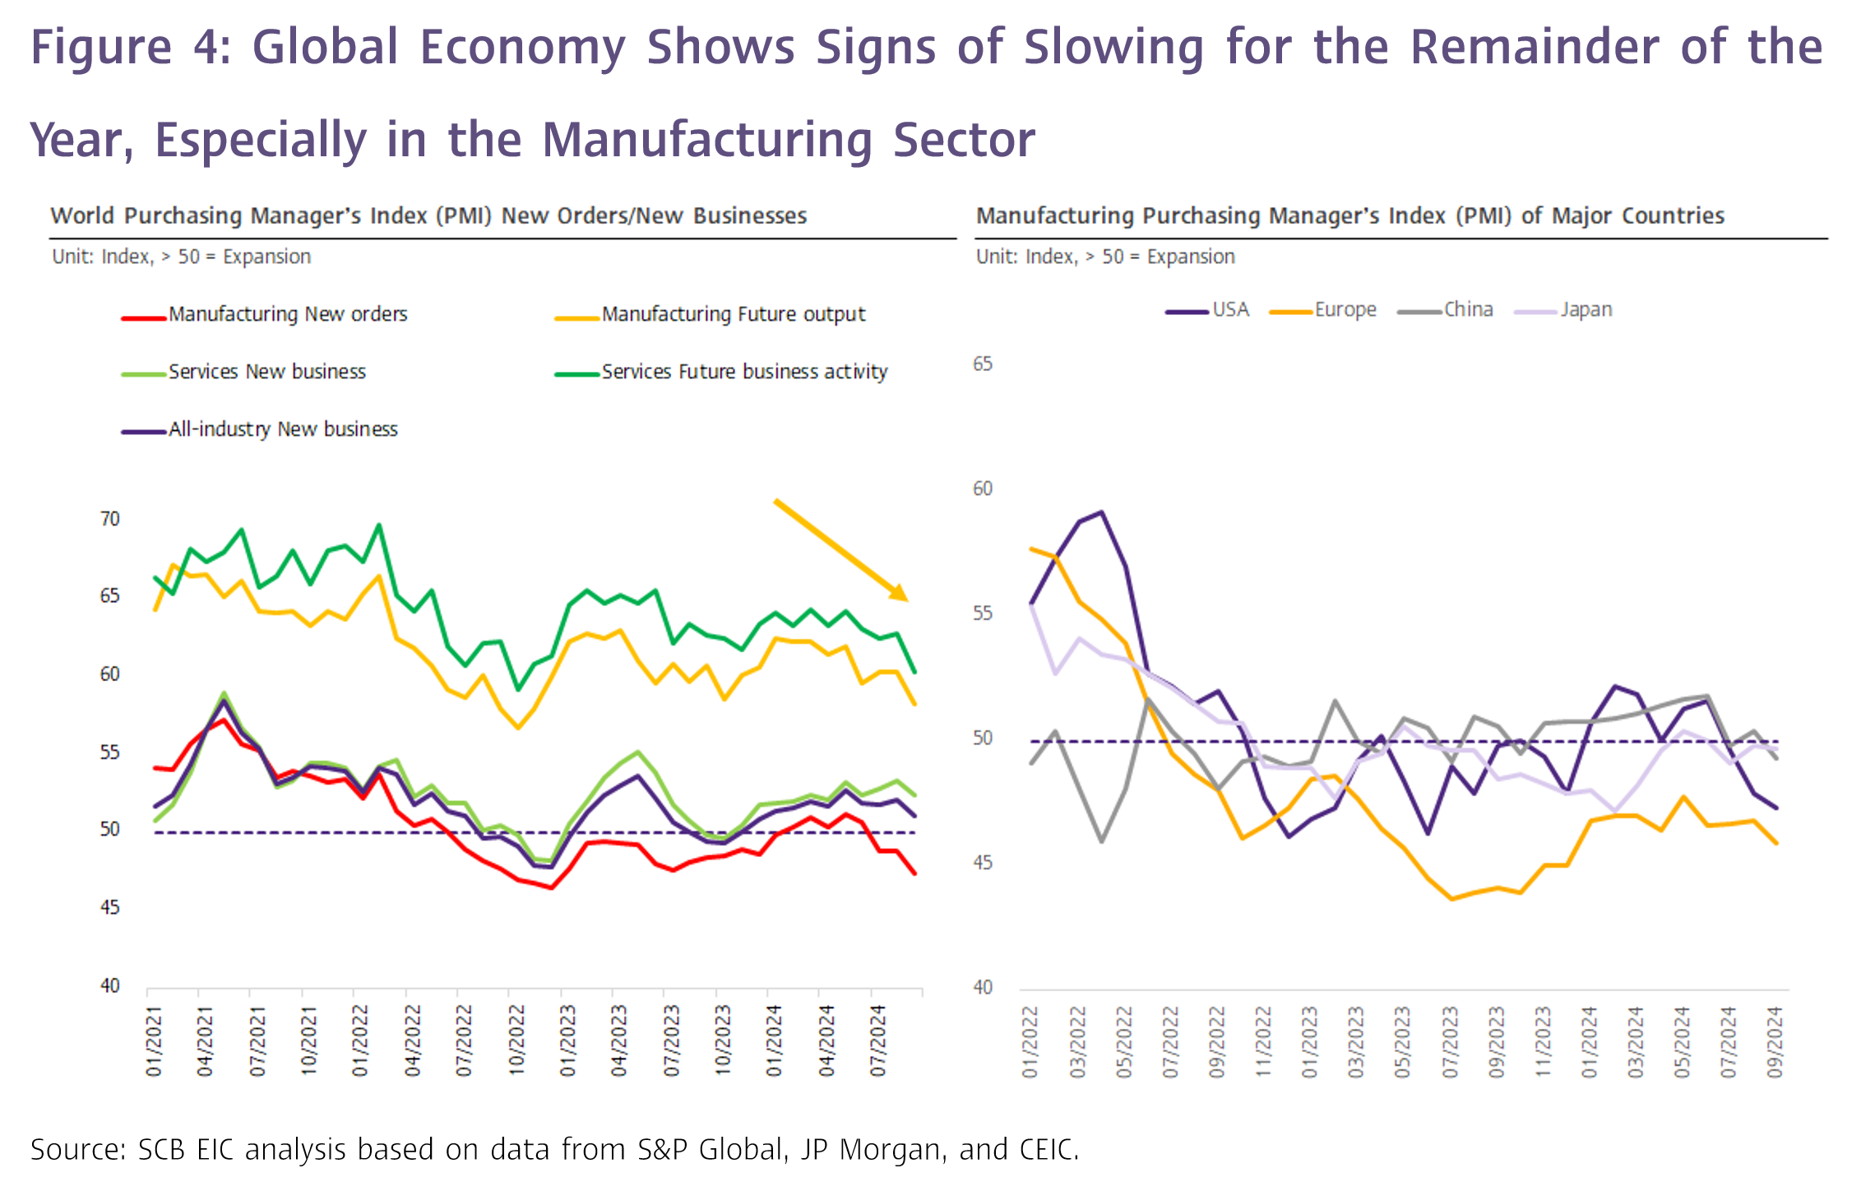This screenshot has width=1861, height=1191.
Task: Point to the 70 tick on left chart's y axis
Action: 110,519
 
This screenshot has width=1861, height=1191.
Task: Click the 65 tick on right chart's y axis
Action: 983,364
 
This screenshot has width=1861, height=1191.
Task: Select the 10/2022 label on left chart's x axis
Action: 516,1040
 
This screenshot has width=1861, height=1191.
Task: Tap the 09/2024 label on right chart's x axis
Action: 1775,1042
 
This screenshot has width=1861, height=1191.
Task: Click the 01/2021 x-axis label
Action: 155,1040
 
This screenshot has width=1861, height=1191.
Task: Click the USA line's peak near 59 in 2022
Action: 1101,512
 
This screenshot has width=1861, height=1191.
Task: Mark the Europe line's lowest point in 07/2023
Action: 1452,899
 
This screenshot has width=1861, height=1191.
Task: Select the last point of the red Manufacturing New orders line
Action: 915,874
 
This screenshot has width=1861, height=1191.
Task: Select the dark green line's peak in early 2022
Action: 378,525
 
